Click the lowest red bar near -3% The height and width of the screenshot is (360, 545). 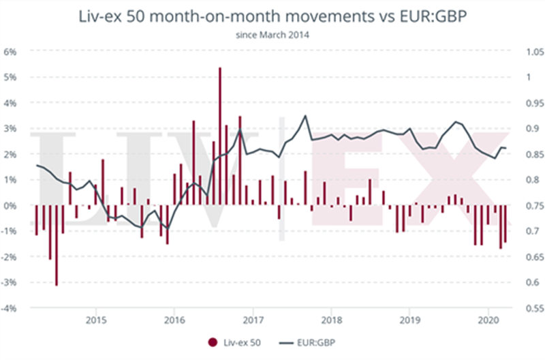coord(57,245)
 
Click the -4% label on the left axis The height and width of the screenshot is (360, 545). coord(12,308)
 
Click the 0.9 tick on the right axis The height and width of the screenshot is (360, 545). coord(530,129)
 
